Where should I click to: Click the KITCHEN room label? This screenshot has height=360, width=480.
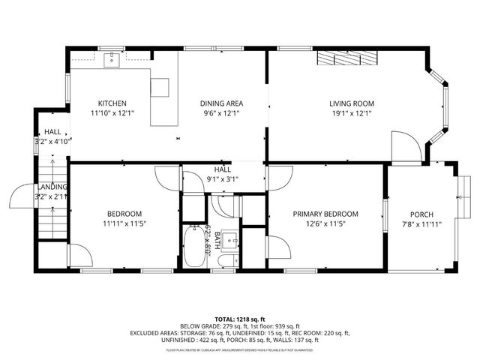(x=112, y=103)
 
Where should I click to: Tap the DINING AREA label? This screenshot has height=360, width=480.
(x=221, y=103)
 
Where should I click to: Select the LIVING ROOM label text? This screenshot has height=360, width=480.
(x=351, y=103)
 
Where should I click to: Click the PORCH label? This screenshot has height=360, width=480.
(x=421, y=214)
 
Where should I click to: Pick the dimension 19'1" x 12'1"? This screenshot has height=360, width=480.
(x=351, y=113)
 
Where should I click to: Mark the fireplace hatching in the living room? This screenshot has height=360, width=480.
(x=345, y=59)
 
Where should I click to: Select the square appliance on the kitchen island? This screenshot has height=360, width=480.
(x=161, y=87)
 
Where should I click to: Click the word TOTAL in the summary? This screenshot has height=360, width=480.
(x=225, y=319)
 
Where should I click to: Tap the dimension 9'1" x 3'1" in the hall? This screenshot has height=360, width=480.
(x=222, y=179)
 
